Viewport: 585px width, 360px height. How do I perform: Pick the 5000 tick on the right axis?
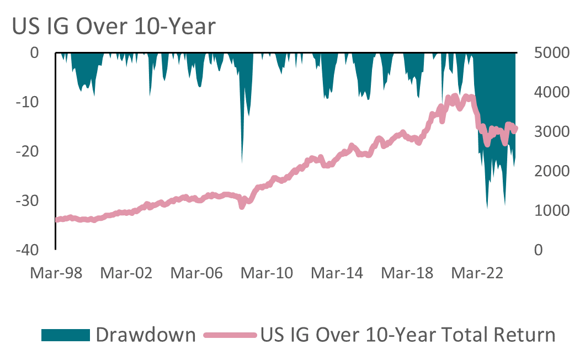click(x=550, y=53)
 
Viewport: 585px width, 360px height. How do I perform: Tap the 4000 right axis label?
click(x=550, y=92)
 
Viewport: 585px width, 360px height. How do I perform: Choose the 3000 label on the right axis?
click(x=550, y=132)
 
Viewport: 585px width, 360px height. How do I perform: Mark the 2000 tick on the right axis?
click(x=550, y=171)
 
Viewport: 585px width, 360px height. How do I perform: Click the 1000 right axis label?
click(x=550, y=211)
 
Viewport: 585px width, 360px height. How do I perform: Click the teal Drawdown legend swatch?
click(x=65, y=335)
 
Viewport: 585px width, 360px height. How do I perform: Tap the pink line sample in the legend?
click(x=230, y=335)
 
